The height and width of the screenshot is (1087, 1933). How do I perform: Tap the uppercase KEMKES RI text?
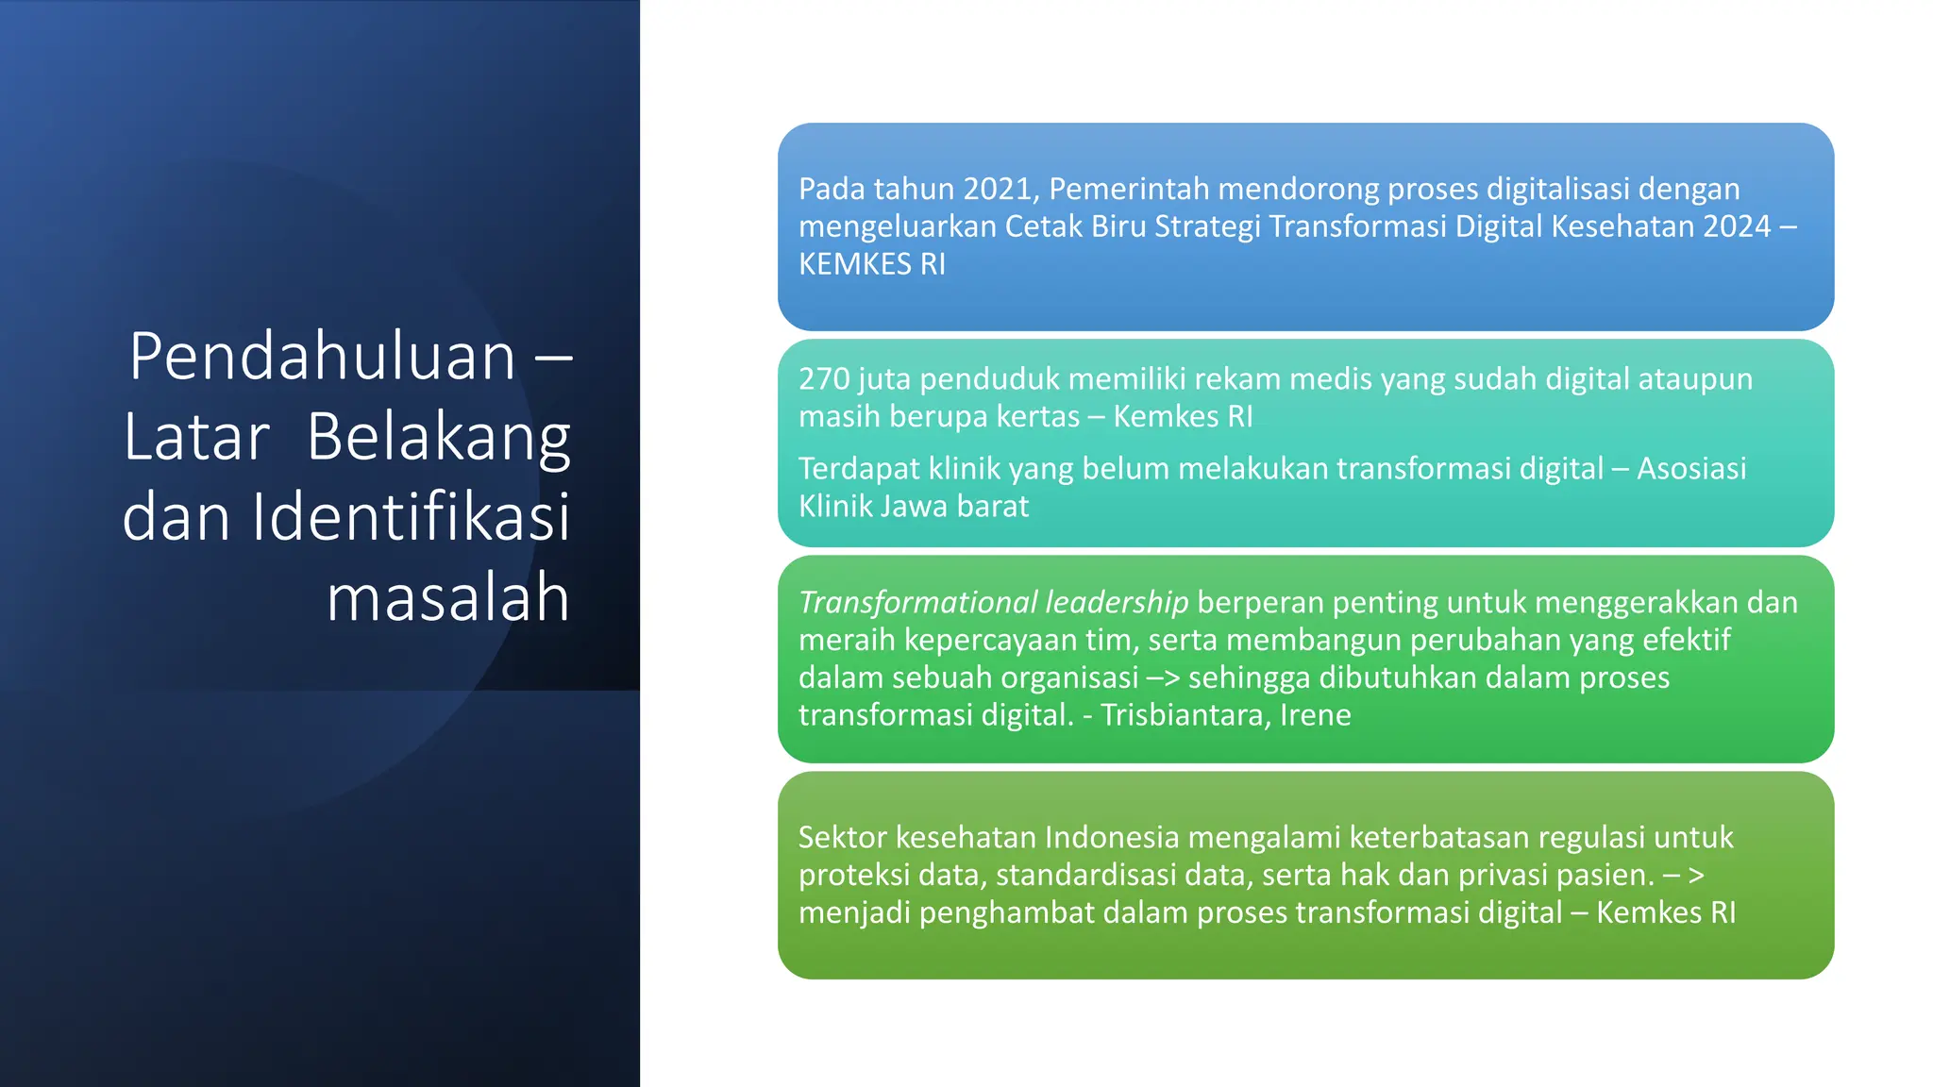pyautogui.click(x=872, y=264)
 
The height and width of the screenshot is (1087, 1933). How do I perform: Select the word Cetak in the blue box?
pyautogui.click(x=1043, y=226)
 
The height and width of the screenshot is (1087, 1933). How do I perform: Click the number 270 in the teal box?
pyautogui.click(x=825, y=379)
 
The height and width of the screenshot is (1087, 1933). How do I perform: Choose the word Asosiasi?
pyautogui.click(x=1691, y=469)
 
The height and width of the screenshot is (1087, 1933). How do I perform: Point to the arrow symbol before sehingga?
pyautogui.click(x=1164, y=678)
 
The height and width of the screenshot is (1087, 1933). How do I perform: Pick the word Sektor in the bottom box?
pyautogui.click(x=842, y=838)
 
